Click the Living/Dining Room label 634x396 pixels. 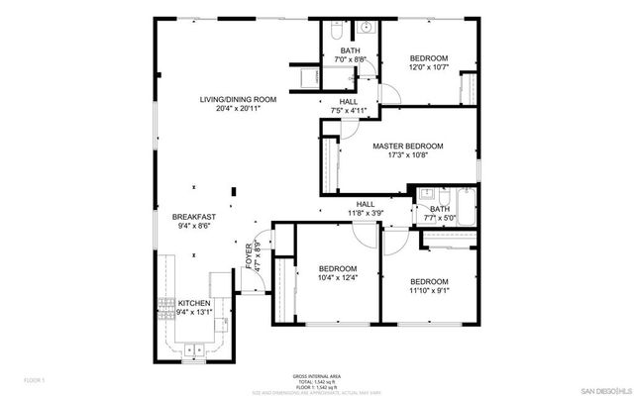coord(237,100)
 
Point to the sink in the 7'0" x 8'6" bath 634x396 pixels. coord(364,28)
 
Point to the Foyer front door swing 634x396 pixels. coord(256,284)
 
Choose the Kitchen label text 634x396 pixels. coord(193,302)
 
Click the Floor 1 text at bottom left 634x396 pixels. coord(35,379)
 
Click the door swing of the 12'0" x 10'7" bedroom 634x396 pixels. coord(391,92)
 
